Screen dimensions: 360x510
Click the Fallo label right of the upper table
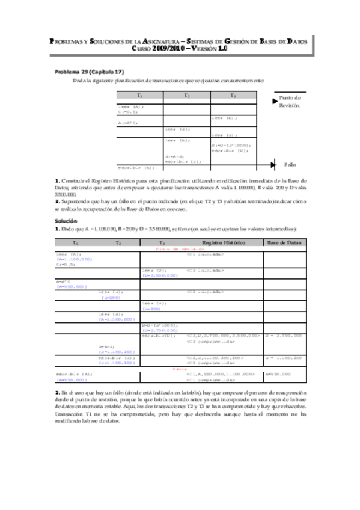(x=290, y=164)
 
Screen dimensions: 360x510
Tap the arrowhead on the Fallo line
(x=273, y=164)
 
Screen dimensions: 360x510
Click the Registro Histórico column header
(x=224, y=242)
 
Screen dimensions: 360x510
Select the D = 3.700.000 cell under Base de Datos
(x=284, y=336)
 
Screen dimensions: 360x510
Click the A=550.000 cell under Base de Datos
(x=279, y=374)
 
